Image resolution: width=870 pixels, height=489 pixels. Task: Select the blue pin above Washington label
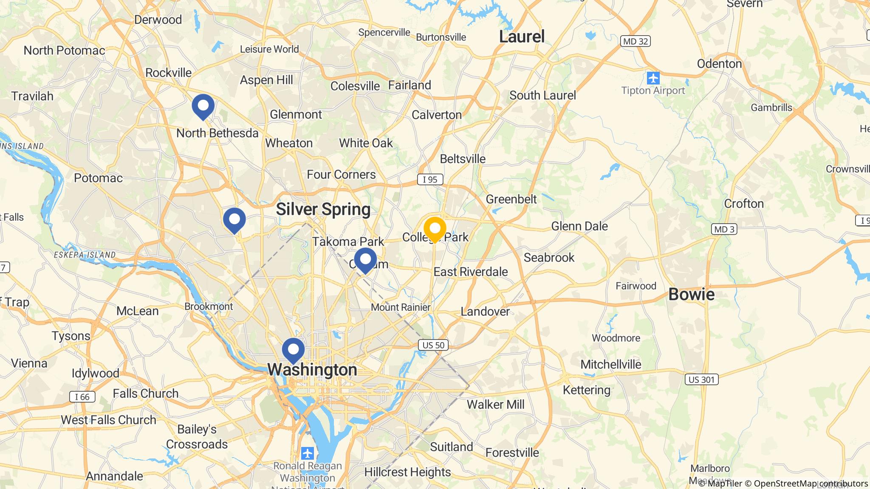pos(293,350)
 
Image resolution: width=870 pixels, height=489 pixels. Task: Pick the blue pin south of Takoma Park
pos(365,259)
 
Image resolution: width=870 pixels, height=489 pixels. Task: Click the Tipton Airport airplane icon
pos(653,78)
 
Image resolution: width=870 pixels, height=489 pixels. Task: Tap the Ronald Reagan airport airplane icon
pos(307,453)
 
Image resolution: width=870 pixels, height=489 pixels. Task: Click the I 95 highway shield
pos(430,180)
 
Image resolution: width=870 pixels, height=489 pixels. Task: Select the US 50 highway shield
pos(433,345)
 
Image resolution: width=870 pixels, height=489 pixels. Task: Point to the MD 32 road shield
pos(636,41)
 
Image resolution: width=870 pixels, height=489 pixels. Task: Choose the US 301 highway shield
pos(701,379)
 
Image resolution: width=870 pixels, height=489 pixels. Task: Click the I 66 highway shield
pos(82,397)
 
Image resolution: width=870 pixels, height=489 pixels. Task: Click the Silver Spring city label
pos(323,209)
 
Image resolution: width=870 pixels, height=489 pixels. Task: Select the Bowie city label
pos(691,294)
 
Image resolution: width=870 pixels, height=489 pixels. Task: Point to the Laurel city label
pos(522,37)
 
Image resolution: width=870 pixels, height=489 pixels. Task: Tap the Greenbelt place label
pos(511,199)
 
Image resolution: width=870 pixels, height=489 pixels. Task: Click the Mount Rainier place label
pos(401,307)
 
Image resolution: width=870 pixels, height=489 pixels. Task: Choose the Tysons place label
pos(71,336)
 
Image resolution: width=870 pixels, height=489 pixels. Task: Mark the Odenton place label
pos(719,64)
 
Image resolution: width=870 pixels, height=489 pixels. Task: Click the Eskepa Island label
pos(85,255)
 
